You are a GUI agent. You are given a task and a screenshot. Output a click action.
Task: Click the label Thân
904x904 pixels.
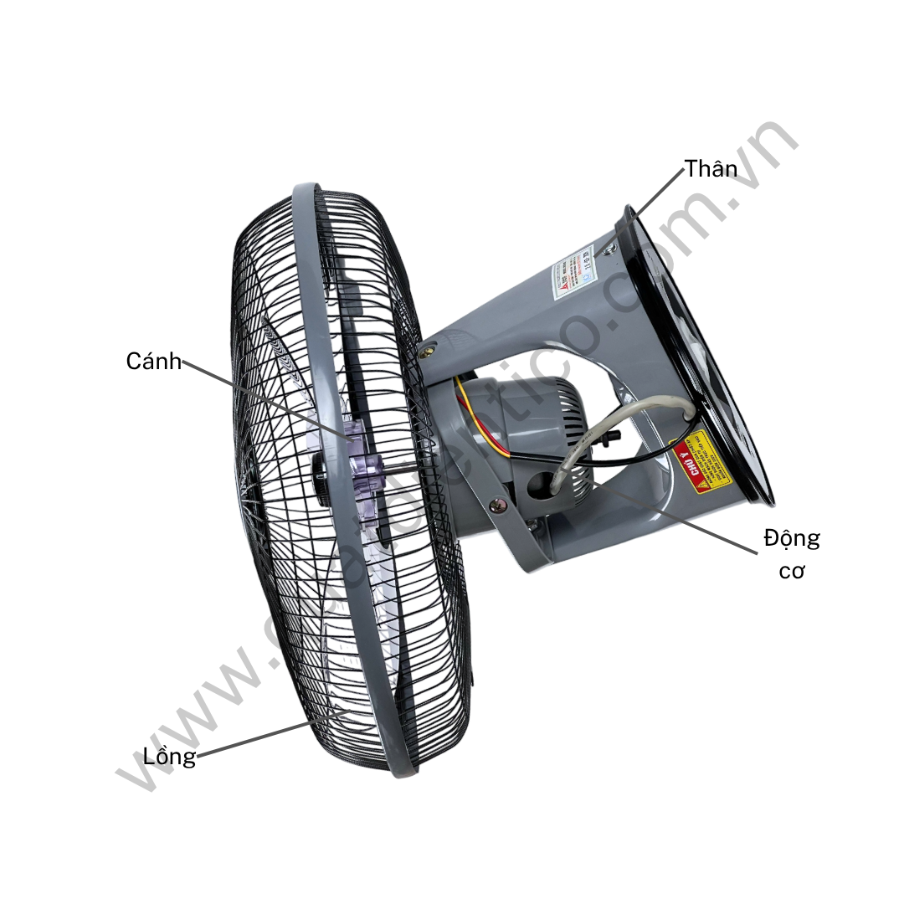click(711, 168)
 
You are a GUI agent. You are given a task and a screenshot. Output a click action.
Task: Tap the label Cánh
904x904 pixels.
click(153, 362)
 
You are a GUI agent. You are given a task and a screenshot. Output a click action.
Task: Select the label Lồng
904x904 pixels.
click(169, 757)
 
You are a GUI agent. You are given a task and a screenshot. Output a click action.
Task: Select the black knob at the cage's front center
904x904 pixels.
click(321, 481)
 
